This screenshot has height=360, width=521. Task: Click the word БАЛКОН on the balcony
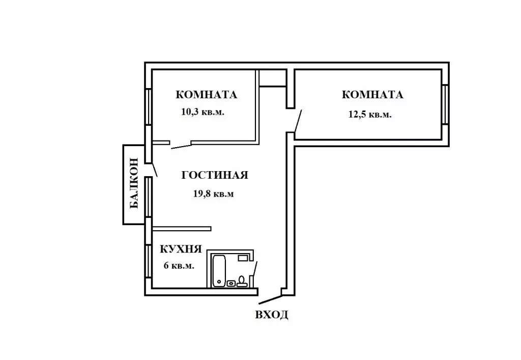point(134,184)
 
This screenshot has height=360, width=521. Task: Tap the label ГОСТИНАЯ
point(215,175)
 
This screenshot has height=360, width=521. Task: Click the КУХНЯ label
point(181,249)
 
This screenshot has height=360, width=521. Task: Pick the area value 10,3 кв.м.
point(202,112)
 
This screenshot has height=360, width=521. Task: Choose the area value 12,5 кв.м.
point(369,115)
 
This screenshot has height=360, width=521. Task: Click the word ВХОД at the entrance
point(272,315)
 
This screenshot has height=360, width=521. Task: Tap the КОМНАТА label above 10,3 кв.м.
point(207,95)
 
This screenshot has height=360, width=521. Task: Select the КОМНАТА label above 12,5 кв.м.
point(373,95)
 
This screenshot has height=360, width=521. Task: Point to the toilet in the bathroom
point(242,281)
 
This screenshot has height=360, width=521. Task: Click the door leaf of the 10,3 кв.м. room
point(181,147)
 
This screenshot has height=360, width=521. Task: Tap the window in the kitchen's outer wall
point(148,261)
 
